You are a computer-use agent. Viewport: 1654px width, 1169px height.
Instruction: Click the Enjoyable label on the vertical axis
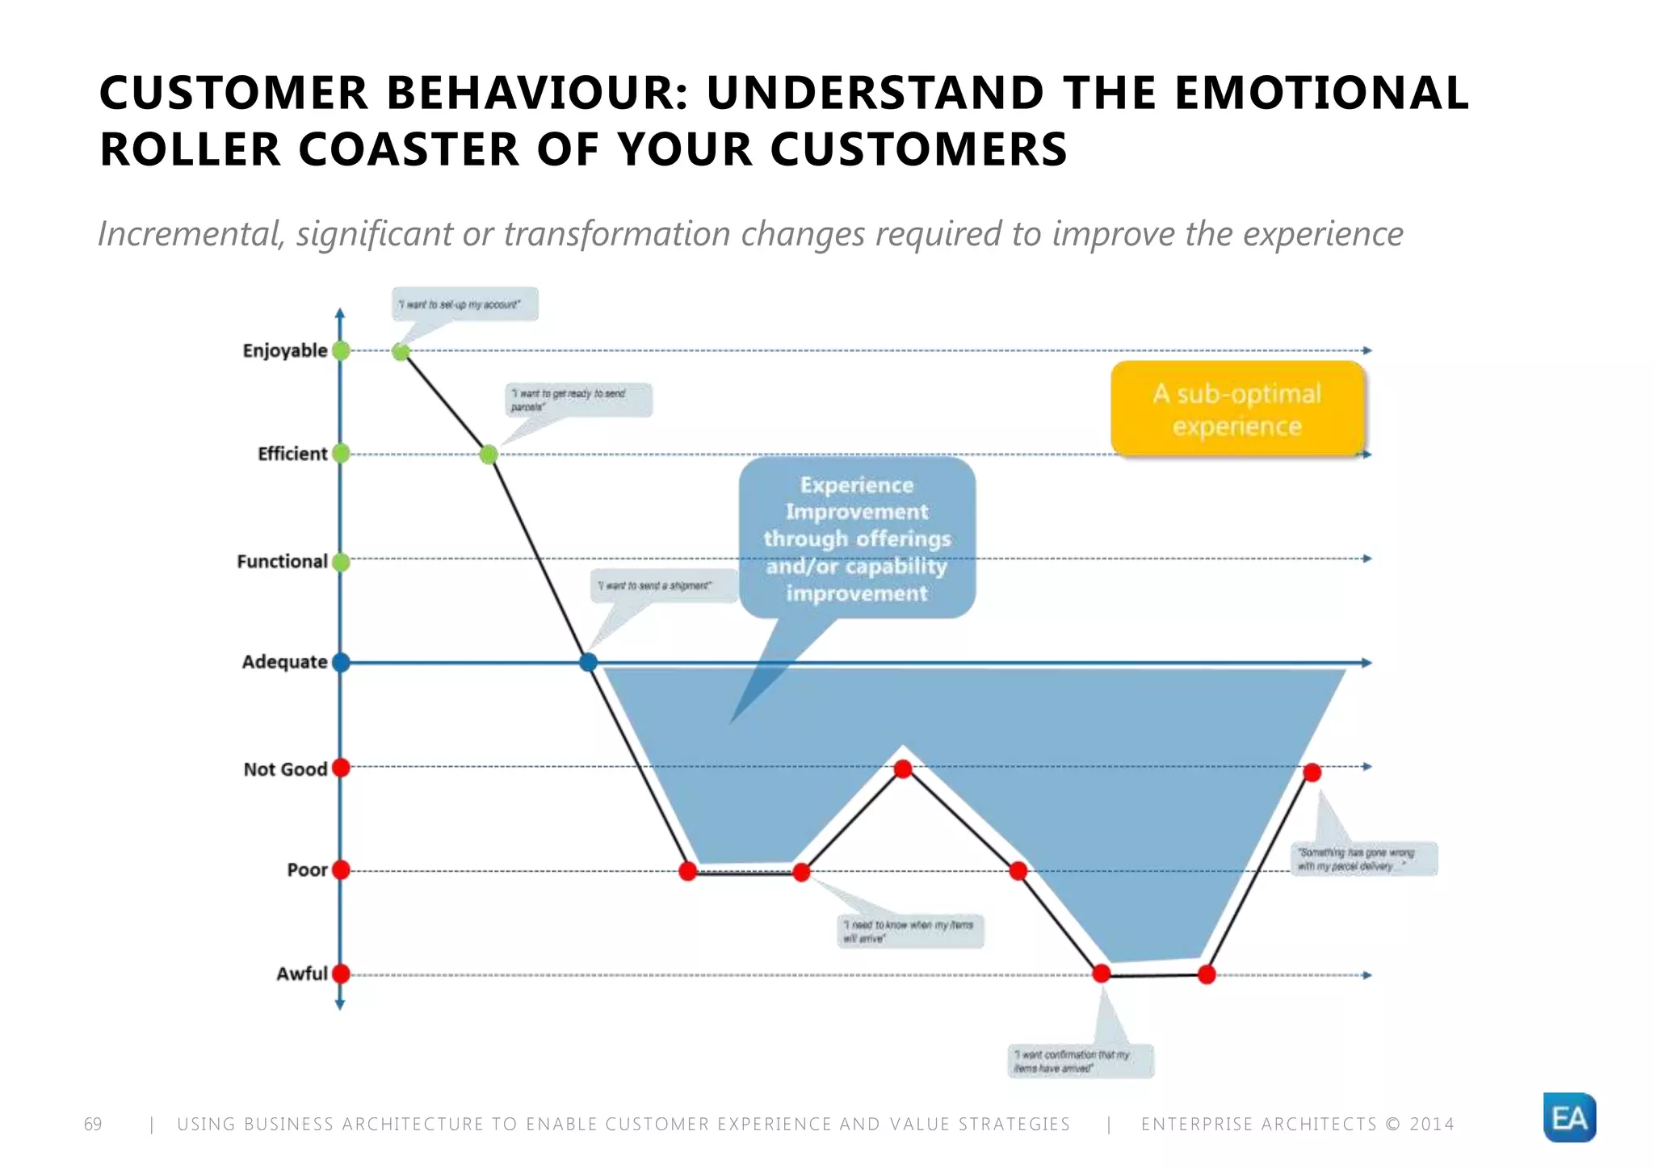284,350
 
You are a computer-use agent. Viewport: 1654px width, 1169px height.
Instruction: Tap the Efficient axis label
292,454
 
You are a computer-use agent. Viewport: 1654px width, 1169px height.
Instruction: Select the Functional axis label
282,561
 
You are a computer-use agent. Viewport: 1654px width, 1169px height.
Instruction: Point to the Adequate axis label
284,662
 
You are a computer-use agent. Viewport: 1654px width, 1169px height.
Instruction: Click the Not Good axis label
285,769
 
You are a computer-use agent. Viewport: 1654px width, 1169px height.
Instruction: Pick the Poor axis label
307,869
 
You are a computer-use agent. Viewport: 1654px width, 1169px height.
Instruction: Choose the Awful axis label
301,974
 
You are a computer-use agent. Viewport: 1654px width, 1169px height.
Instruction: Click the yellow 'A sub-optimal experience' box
1237,409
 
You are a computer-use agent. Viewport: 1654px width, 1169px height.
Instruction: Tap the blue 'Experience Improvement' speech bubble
857,538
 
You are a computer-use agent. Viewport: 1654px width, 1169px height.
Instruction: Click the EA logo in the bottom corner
1568,1118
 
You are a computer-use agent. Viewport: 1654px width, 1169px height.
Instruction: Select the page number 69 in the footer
93,1124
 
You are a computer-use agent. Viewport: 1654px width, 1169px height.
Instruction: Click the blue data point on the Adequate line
589,662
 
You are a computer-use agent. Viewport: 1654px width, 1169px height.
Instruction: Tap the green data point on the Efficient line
489,455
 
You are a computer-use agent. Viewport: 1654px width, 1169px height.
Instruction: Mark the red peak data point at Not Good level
903,769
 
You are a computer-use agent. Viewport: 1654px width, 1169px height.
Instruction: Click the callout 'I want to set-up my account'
464,304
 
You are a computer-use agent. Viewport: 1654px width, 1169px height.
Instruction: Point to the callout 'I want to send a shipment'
662,585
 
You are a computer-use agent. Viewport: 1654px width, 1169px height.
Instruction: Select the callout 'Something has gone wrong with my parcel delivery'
1363,859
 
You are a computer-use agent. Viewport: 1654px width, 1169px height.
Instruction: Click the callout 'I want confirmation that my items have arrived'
1081,1061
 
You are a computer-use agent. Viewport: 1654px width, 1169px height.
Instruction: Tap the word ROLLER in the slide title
190,149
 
